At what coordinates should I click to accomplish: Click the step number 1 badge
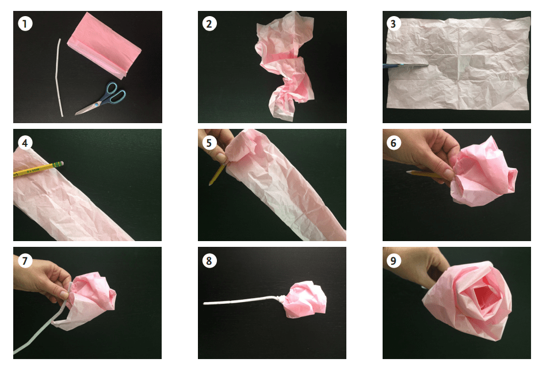tap(24, 24)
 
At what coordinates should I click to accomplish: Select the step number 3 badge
tap(394, 24)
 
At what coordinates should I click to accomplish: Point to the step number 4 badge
tap(24, 142)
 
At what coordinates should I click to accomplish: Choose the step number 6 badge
tap(394, 142)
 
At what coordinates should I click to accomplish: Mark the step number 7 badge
tap(24, 261)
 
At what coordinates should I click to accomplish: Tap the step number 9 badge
tap(394, 261)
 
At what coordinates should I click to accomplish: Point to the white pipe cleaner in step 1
tap(59, 78)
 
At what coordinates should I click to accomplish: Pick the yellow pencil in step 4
tap(38, 169)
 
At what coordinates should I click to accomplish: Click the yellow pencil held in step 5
tap(217, 173)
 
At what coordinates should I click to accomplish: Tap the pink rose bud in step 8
tap(306, 299)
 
